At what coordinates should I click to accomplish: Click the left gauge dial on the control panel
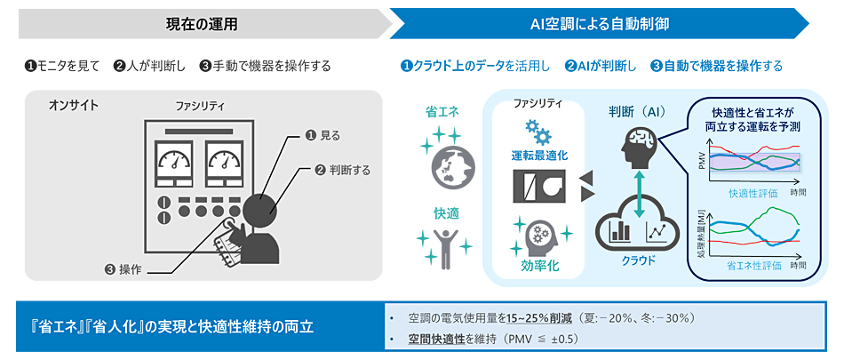[x=172, y=159]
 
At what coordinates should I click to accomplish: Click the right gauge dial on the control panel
[x=223, y=159]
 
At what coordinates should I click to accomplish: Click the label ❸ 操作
[x=123, y=268]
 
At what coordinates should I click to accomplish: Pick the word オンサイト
[x=74, y=107]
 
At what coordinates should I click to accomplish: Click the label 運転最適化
[x=538, y=155]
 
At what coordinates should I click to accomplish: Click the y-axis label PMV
[x=702, y=161]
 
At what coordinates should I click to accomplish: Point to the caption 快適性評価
[x=752, y=193]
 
